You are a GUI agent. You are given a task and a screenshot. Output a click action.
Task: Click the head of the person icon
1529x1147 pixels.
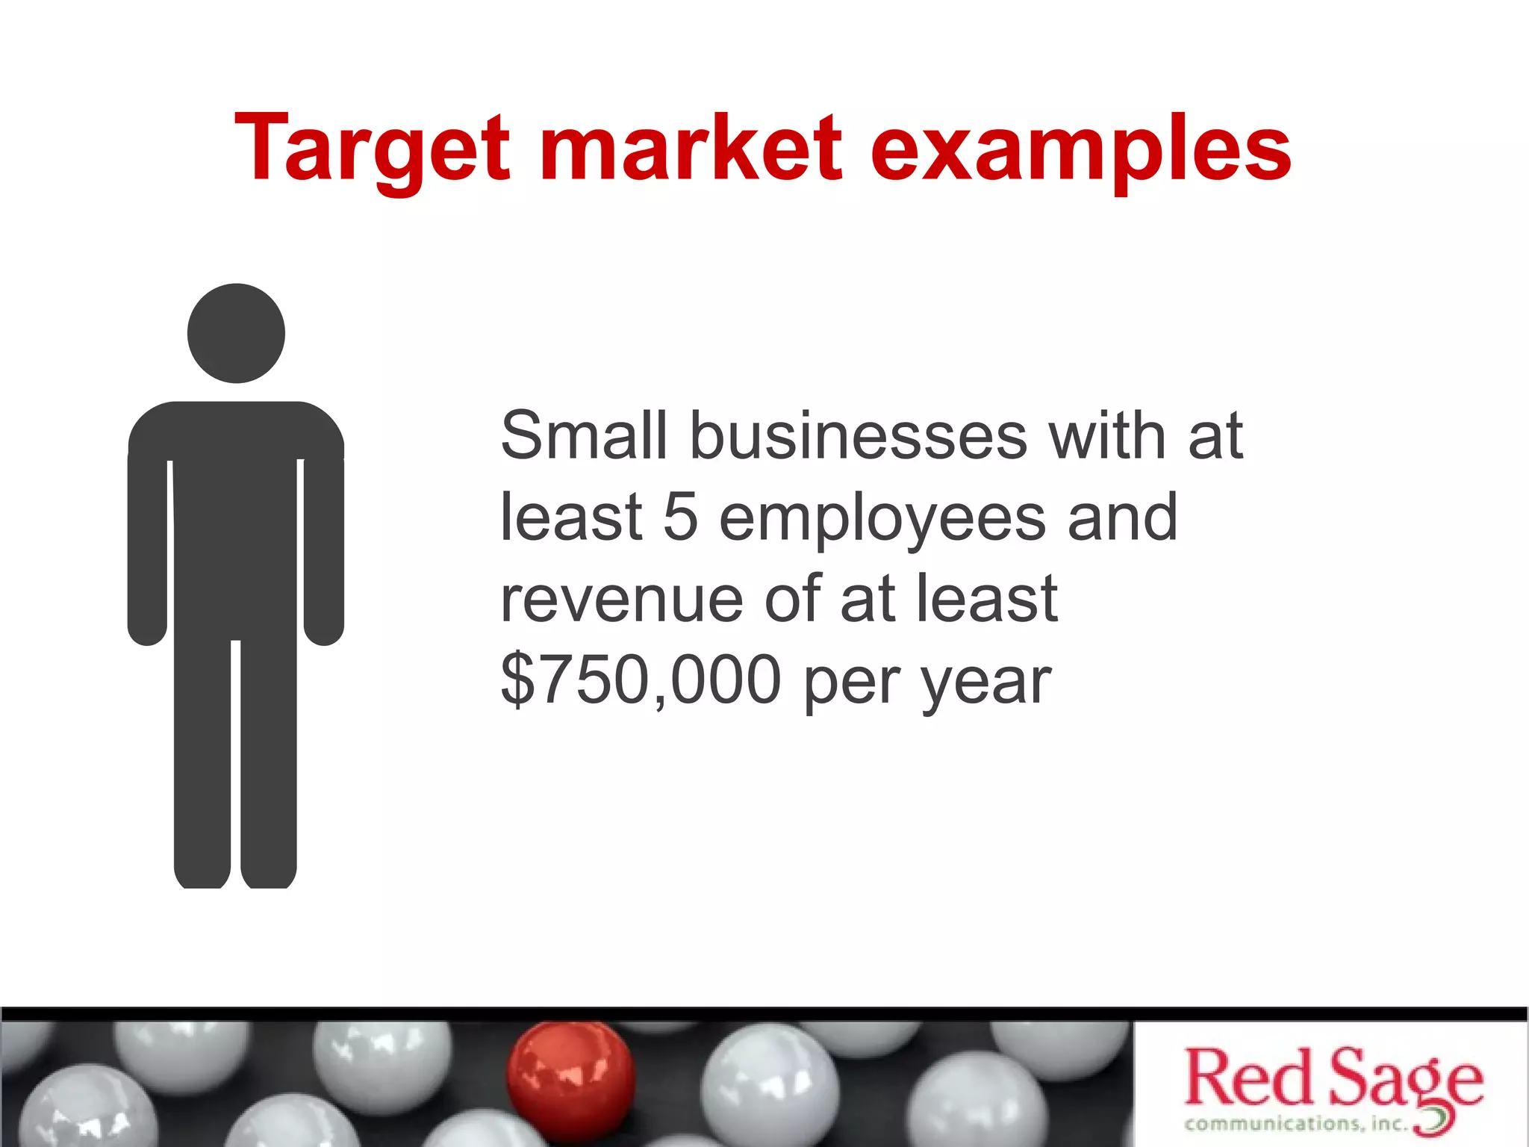tap(236, 333)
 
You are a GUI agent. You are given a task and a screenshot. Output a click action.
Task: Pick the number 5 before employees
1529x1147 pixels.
tap(681, 517)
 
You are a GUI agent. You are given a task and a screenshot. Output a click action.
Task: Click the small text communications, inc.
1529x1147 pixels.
tap(1296, 1124)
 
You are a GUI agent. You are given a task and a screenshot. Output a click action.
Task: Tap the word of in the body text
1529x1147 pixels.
tap(791, 599)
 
